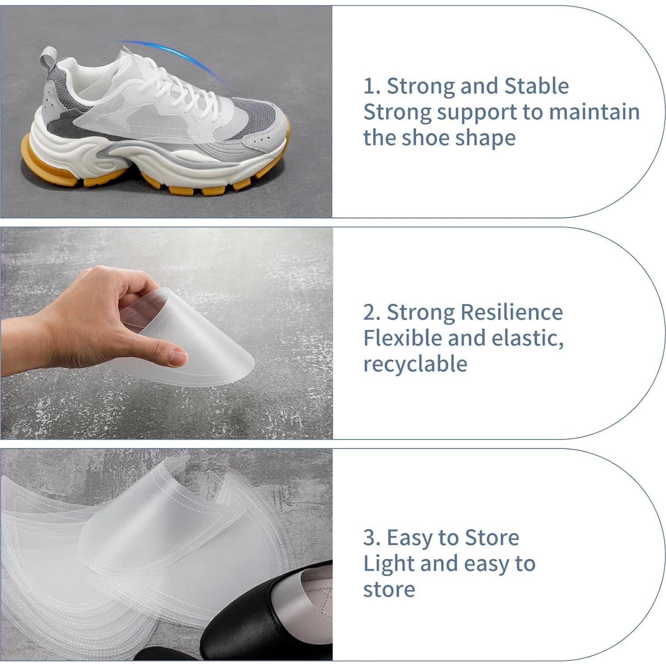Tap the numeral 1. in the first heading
pyautogui.click(x=371, y=86)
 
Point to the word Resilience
pyautogui.click(x=512, y=312)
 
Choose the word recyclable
pyautogui.click(x=415, y=364)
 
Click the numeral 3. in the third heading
pyautogui.click(x=371, y=538)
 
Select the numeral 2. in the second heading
pyautogui.click(x=371, y=312)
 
